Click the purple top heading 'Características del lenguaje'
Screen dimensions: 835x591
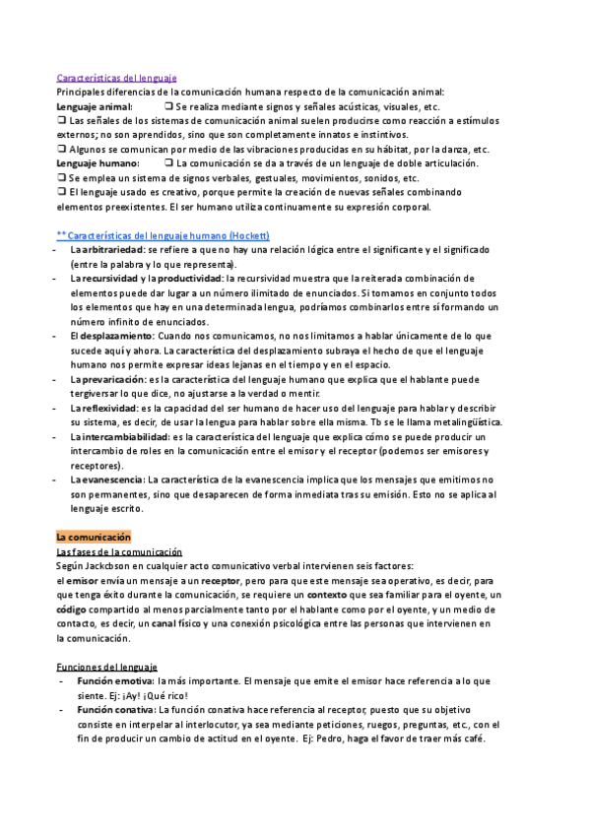pos(116,76)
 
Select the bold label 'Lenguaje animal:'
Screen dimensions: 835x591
pos(94,106)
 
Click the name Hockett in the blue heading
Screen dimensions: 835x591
pos(248,236)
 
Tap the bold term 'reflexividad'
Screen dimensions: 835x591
pos(109,408)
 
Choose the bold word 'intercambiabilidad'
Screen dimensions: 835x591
pos(124,436)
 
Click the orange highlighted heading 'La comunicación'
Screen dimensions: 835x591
pos(94,538)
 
